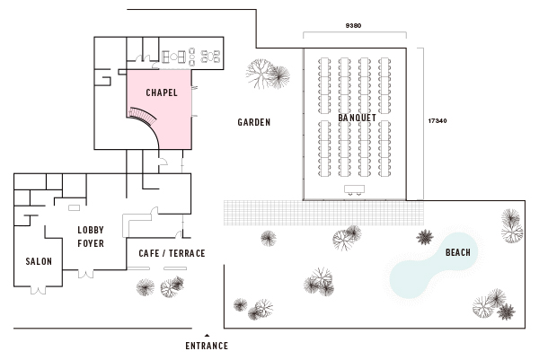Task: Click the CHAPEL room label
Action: (162, 92)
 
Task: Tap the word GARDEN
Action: (254, 123)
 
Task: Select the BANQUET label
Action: (358, 119)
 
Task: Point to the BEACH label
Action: (458, 253)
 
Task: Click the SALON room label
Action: (39, 261)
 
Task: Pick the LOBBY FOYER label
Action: (91, 235)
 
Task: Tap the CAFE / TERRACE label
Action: (172, 253)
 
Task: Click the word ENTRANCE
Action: (207, 346)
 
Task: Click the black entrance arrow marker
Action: (207, 334)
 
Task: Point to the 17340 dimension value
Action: (437, 120)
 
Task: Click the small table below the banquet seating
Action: (353, 189)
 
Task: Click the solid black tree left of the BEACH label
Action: (425, 237)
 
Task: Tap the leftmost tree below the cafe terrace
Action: (144, 286)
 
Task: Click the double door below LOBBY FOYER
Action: (85, 271)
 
